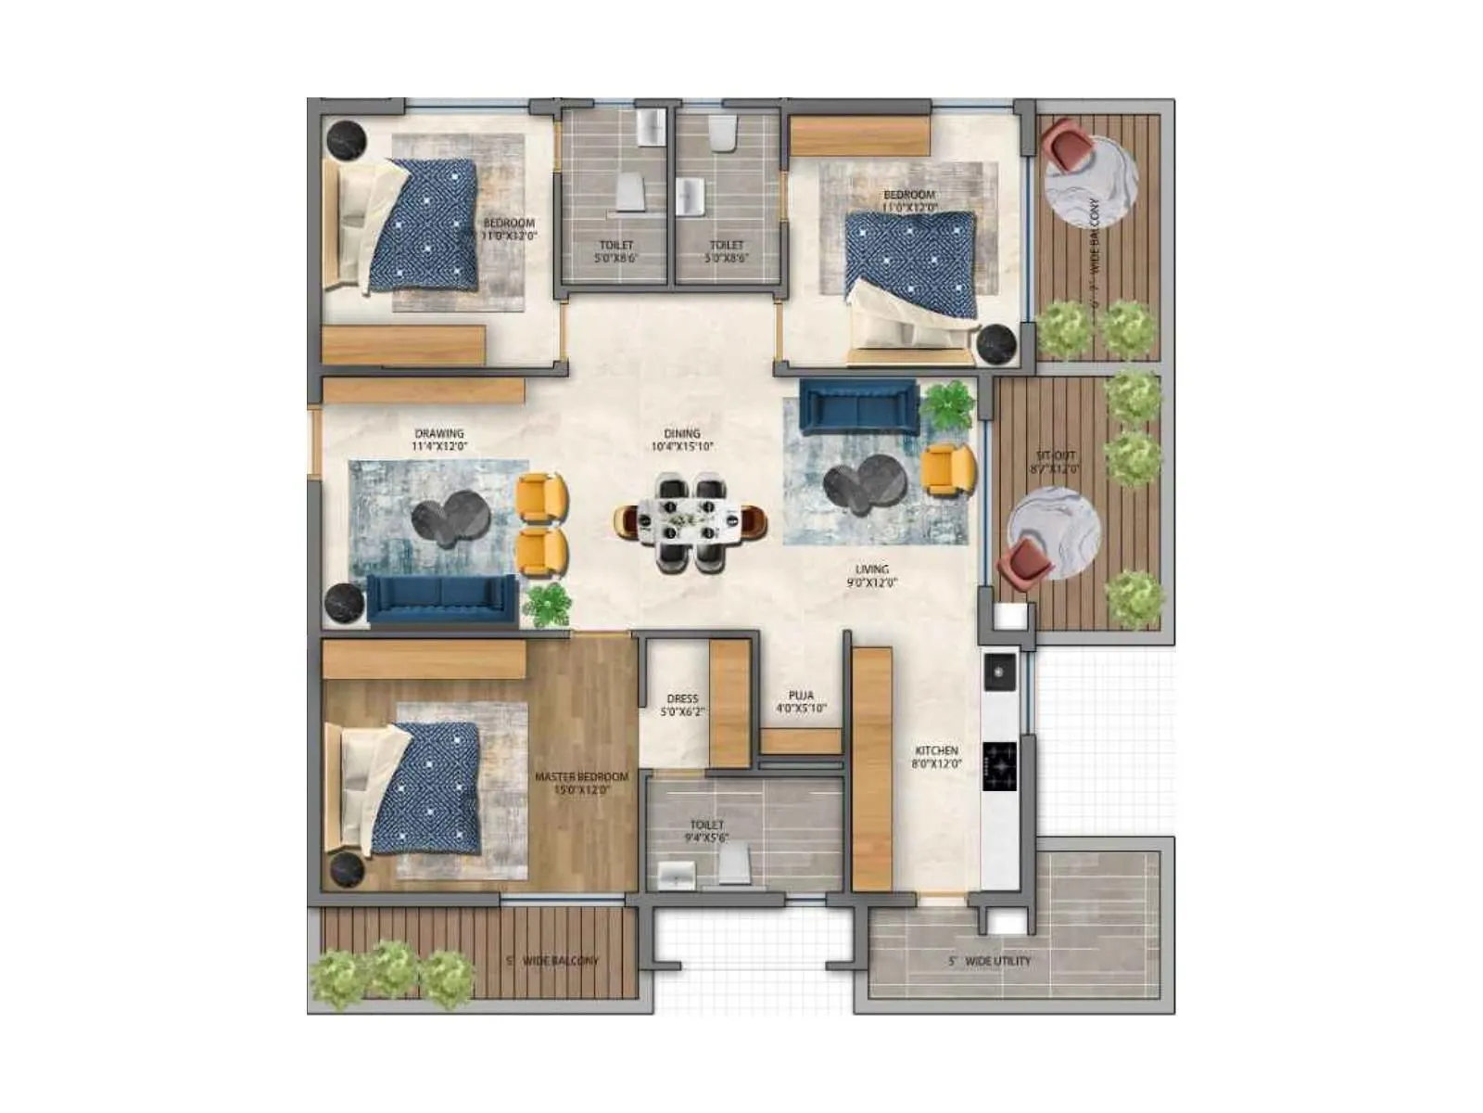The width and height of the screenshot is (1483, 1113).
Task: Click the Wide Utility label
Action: point(990,961)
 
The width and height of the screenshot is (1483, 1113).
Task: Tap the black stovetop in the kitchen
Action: point(999,766)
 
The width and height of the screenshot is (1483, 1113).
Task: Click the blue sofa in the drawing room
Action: point(442,598)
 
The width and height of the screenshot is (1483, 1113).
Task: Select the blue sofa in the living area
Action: point(858,406)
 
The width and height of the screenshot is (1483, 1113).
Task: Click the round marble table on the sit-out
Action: point(1054,533)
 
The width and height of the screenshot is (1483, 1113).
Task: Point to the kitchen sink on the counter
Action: point(999,672)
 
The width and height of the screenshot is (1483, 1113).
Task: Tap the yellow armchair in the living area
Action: point(949,468)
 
